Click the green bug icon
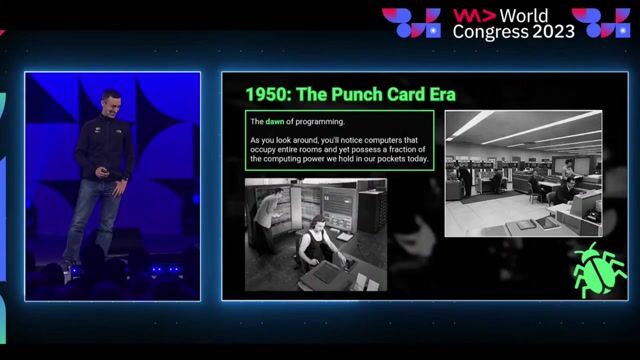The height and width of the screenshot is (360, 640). [x=598, y=268]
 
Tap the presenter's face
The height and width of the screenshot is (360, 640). [x=110, y=103]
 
